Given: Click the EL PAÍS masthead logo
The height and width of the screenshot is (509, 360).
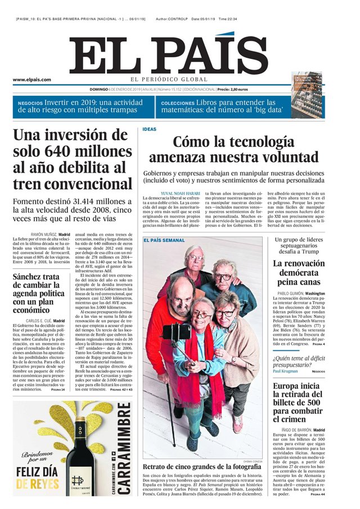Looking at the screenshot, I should pos(168,56).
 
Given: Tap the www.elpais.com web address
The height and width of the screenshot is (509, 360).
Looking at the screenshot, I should pos(32,80).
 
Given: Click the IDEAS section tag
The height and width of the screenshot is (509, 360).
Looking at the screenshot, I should pos(149,129).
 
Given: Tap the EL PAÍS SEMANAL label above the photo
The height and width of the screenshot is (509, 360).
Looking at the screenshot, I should pos(164,240).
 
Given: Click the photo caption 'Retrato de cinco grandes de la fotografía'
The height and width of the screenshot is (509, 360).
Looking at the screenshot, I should pos(203,467).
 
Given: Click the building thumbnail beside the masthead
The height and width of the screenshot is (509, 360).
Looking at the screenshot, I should pos(308,96).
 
